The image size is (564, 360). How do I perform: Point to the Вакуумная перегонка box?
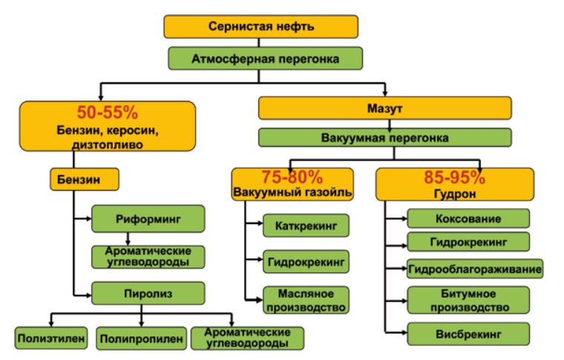coord(384,138)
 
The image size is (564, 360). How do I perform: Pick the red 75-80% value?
coord(294,178)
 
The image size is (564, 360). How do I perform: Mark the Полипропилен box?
coord(140,338)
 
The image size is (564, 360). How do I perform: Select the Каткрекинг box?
coord(306,223)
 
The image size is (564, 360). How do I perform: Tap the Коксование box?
coord(468,219)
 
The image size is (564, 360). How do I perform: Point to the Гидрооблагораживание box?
coord(474,267)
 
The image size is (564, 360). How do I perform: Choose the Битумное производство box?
coord(468,300)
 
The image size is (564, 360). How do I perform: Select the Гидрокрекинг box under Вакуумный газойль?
coord(306,261)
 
